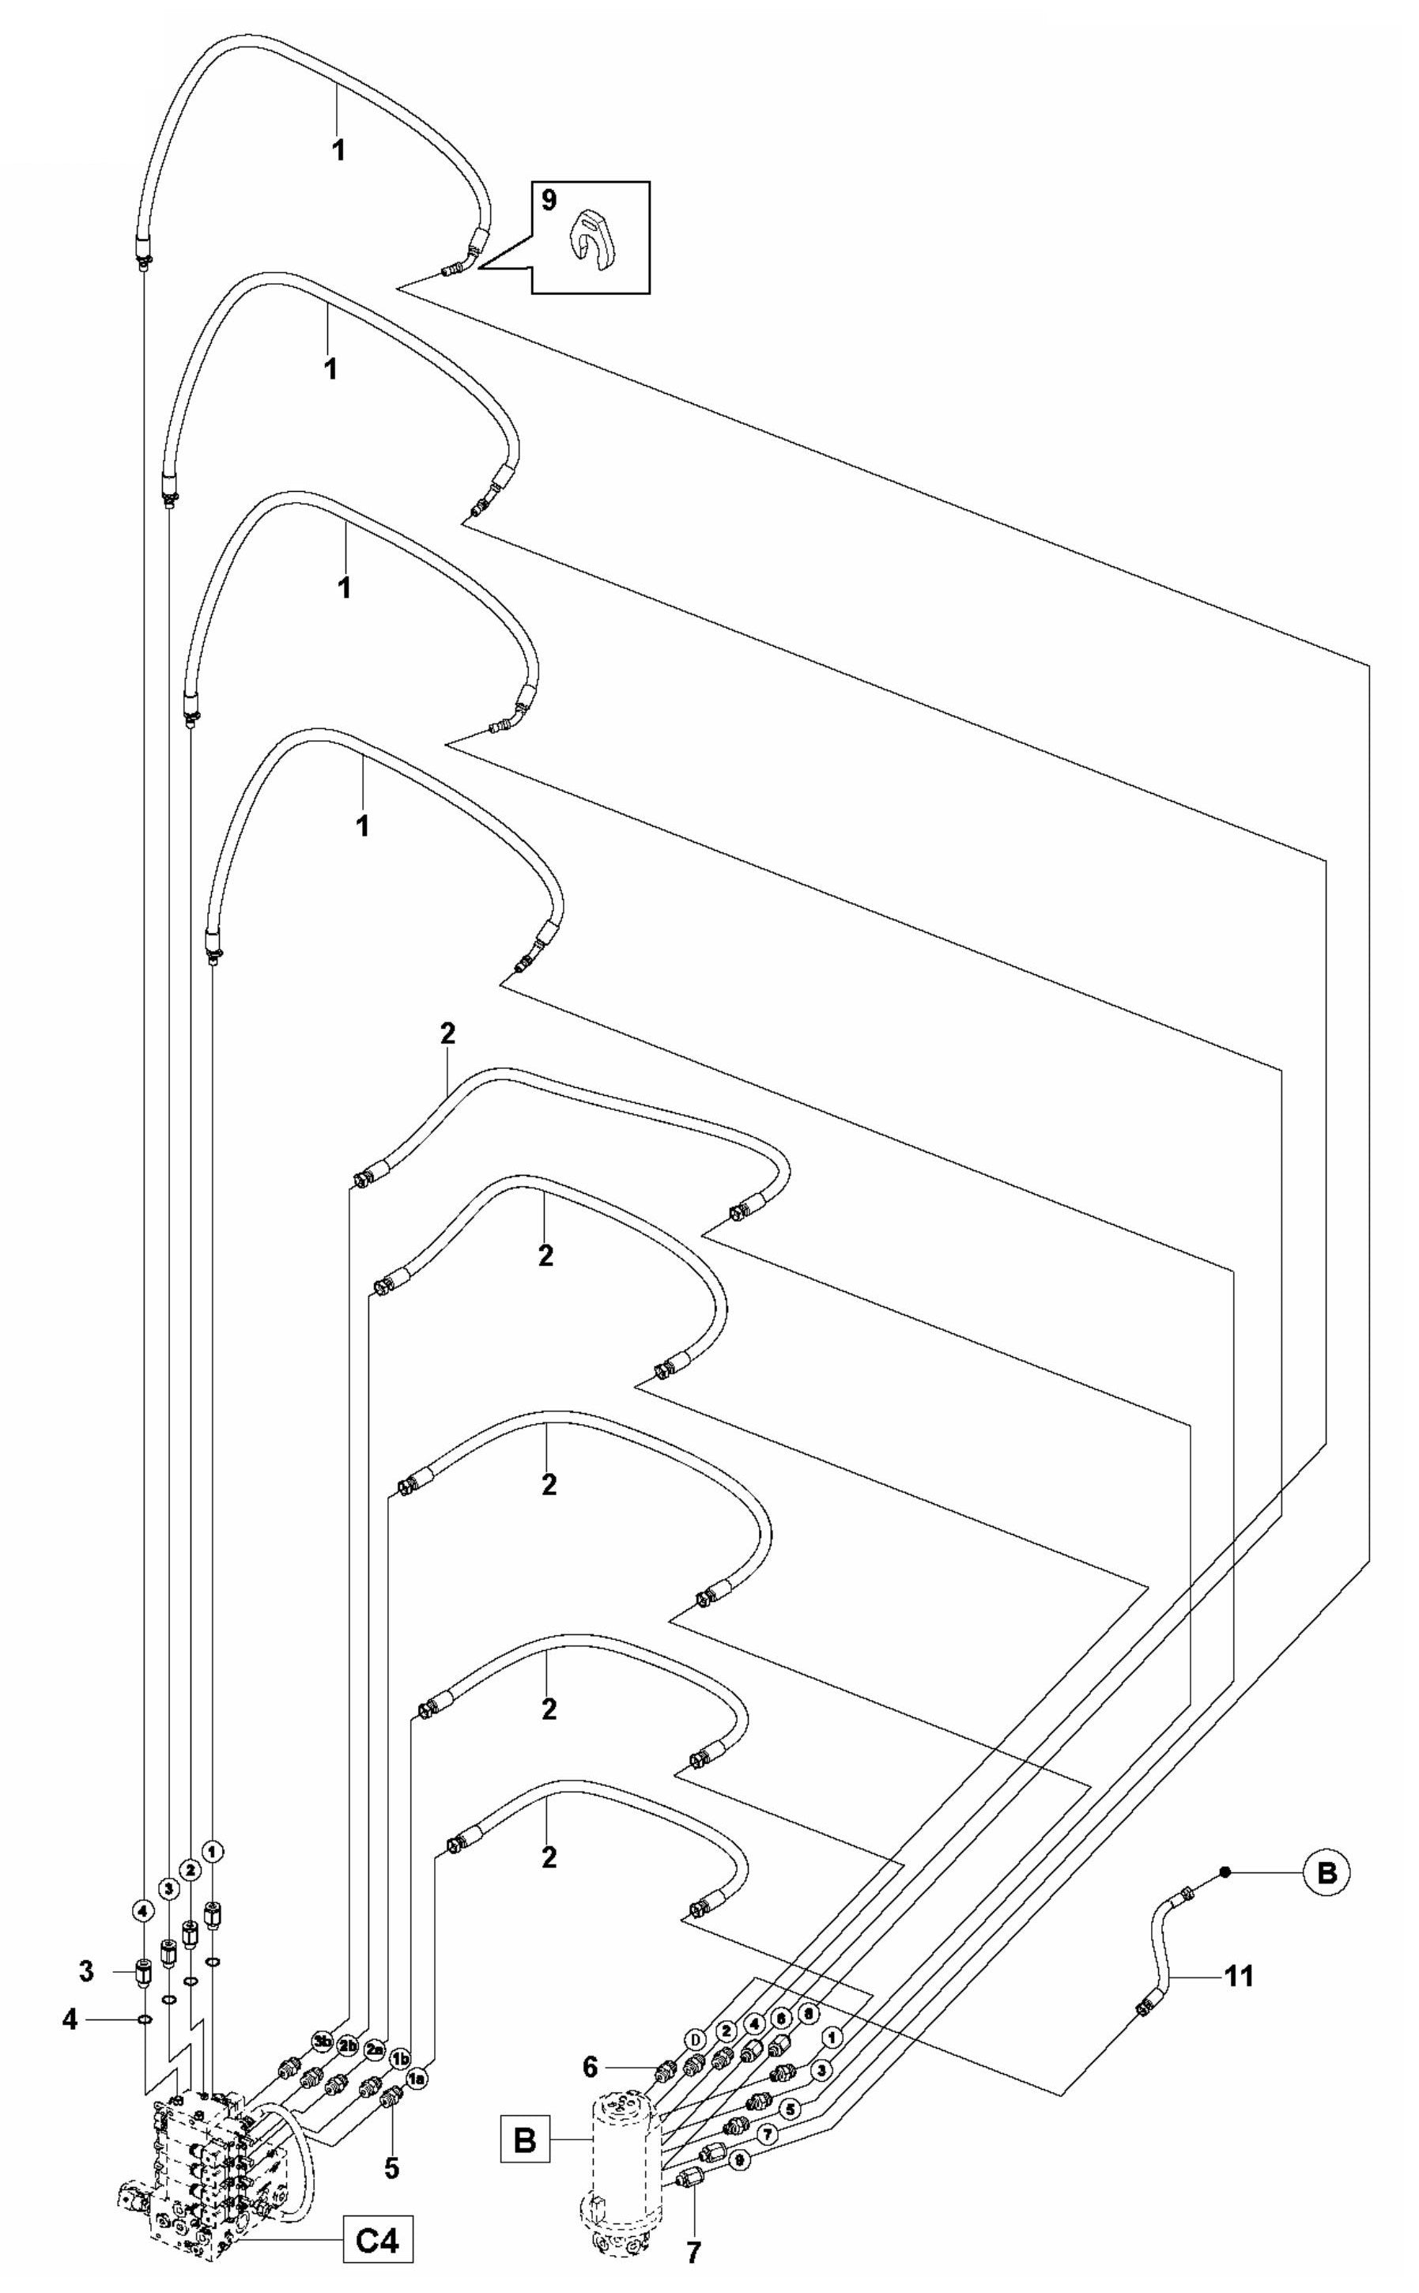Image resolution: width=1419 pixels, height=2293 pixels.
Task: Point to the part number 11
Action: [x=1239, y=1977]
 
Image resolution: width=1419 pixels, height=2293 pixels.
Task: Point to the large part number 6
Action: [x=590, y=2066]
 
